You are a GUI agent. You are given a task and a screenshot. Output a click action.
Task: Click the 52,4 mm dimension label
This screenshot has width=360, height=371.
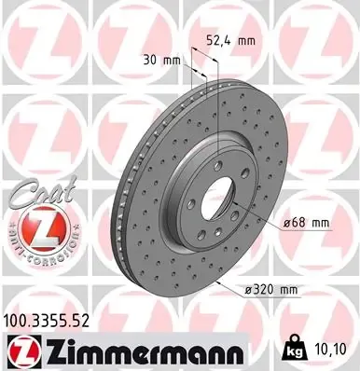228,40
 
